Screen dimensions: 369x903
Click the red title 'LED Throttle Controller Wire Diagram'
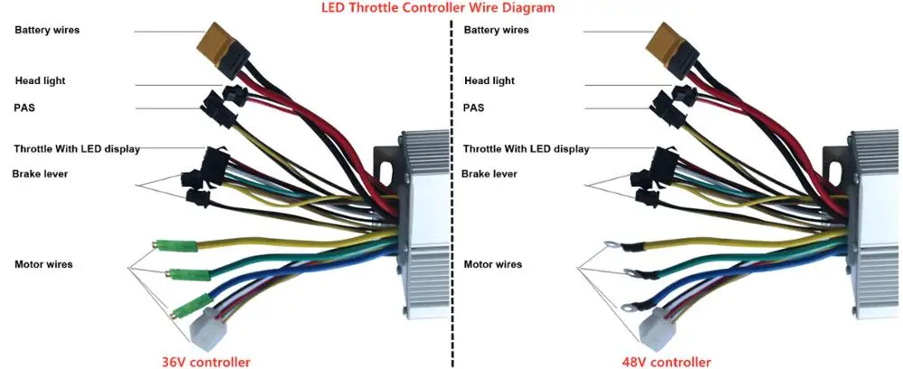[x=439, y=7]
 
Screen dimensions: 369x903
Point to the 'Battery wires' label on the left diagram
[x=47, y=30]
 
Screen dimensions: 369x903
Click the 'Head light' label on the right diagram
[x=490, y=80]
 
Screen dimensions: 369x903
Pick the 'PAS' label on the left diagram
[x=25, y=107]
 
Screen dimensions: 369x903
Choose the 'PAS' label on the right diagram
[x=474, y=107]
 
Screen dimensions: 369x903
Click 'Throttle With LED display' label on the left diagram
[x=77, y=149]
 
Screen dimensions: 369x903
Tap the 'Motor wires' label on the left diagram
[x=43, y=264]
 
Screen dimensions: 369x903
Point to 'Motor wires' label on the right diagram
[x=492, y=264]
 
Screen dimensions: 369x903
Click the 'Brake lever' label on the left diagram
[x=40, y=173]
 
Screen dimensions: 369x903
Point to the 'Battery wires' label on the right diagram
[x=496, y=30]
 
